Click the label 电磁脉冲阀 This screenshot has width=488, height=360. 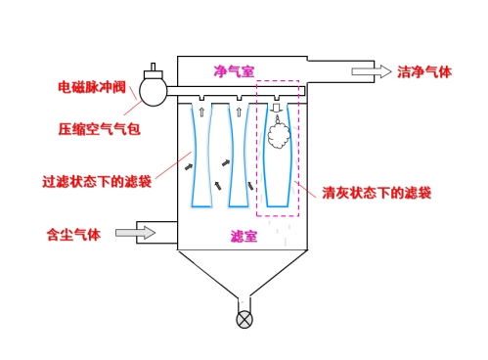click(92, 86)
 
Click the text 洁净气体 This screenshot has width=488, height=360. click(424, 71)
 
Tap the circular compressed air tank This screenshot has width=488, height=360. click(154, 91)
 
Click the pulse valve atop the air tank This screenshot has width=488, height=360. click(154, 71)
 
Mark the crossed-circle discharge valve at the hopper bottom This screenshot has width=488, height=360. click(244, 319)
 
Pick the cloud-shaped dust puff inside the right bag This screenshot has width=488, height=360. click(278, 138)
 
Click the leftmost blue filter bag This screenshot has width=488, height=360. click(202, 157)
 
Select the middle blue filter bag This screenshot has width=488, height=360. click(239, 157)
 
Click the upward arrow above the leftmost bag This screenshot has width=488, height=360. click(201, 111)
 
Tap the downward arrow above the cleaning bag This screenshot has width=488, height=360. click(277, 108)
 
